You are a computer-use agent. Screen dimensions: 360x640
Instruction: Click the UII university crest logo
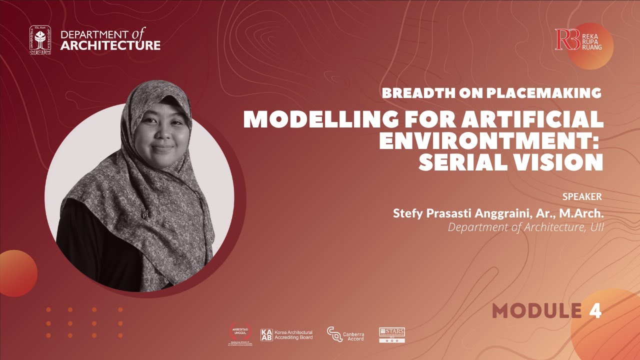point(40,39)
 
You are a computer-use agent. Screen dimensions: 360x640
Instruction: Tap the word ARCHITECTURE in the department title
point(110,46)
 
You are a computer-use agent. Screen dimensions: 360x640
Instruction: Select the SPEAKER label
point(582,196)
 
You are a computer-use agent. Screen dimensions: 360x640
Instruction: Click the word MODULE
point(537,310)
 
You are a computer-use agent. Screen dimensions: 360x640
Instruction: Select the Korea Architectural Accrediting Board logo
point(286,334)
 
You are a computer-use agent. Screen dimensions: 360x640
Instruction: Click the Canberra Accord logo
point(345,334)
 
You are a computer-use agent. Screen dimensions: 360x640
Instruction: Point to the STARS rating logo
point(391,334)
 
